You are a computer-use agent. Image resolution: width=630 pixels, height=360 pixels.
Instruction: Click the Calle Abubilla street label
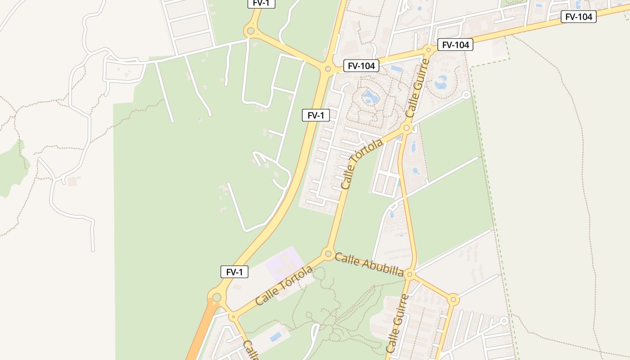[369, 264]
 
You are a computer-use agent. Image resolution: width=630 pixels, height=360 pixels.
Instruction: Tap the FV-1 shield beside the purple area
[234, 272]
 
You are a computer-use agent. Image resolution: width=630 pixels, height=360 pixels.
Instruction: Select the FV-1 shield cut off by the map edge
[261, 3]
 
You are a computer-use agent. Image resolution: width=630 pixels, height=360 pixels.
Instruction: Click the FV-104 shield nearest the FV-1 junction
[361, 66]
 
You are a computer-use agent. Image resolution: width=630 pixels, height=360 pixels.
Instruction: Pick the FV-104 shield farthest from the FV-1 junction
[579, 17]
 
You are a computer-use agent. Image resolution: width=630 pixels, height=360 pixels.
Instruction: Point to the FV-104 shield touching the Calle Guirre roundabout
[455, 45]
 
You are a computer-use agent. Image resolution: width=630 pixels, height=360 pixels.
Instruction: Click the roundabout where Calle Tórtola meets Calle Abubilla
[328, 253]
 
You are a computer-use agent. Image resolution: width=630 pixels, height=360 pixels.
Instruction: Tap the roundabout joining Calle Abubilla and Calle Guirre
[409, 274]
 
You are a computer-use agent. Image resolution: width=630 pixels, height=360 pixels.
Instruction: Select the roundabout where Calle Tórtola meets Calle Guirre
[407, 129]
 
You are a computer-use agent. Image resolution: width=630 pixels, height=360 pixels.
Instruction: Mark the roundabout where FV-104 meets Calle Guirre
[429, 49]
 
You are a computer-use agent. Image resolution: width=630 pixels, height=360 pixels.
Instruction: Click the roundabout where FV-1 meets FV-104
[328, 69]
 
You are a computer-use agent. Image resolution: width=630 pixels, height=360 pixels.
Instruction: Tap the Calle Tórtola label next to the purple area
[284, 286]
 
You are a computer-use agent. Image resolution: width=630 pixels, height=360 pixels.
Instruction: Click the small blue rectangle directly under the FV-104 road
[396, 69]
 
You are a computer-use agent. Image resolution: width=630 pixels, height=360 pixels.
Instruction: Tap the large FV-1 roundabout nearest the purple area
[217, 297]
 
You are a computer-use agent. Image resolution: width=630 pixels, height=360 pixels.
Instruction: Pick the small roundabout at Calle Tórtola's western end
[233, 317]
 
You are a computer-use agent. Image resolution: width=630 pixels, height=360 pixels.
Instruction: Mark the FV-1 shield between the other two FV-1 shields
[316, 115]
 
